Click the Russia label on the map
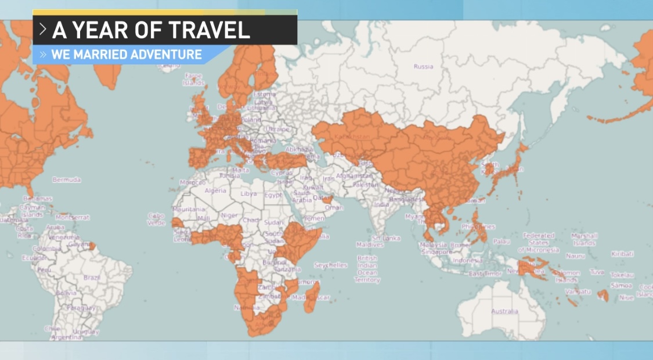pos(423,66)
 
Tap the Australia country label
pos(504,311)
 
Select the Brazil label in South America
pos(92,278)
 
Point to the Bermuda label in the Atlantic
pos(66,180)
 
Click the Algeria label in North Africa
pos(215,191)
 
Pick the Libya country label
pos(248,193)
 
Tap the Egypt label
pos(273,195)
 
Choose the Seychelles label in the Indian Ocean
pos(330,265)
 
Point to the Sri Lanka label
pos(387,238)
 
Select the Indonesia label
pos(467,260)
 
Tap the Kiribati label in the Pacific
pos(622,254)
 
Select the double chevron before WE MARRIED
pos(43,55)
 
